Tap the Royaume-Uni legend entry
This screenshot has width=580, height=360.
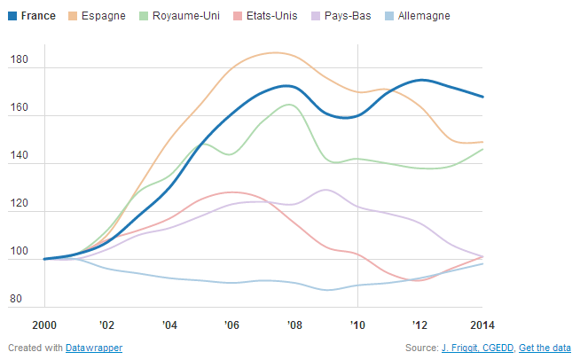point(185,16)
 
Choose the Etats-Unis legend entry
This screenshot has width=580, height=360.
point(266,16)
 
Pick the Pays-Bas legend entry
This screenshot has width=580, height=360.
point(341,16)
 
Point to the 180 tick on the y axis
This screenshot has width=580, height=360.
point(20,60)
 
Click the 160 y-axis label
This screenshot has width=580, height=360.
point(20,108)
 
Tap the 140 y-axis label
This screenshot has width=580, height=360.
point(20,156)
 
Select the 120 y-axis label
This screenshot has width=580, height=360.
point(20,204)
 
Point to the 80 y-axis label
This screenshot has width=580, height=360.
point(17,300)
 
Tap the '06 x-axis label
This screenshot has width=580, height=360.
point(231,324)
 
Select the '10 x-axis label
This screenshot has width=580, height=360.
point(357,324)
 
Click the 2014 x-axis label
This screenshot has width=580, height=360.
point(482,324)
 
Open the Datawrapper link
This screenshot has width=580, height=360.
point(94,348)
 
